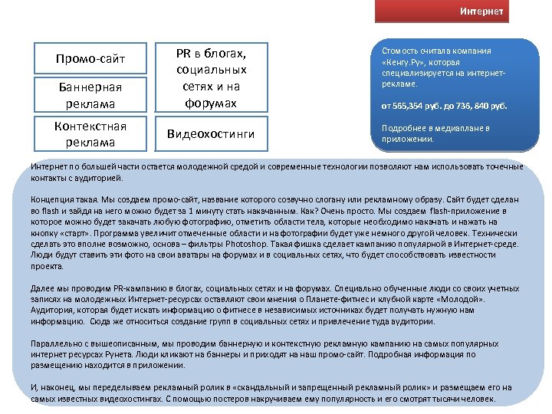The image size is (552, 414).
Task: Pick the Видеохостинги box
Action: pos(210,134)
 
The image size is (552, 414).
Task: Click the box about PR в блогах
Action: pos(210,77)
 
